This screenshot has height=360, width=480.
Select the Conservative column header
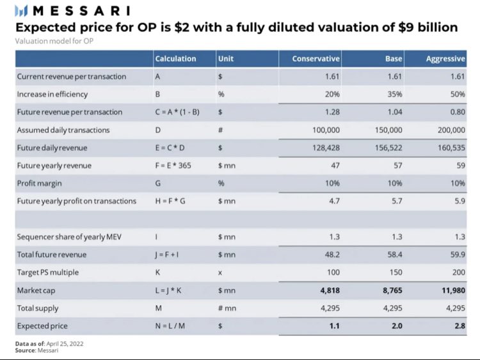(x=316, y=59)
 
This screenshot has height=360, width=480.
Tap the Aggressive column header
(x=445, y=59)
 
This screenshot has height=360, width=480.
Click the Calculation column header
(x=175, y=59)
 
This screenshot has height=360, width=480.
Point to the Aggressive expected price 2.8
(x=458, y=325)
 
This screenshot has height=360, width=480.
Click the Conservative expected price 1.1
(x=333, y=325)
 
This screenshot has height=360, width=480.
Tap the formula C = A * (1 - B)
(x=182, y=112)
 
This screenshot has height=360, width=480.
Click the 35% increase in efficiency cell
(x=394, y=94)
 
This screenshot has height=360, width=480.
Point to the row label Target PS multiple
(x=48, y=272)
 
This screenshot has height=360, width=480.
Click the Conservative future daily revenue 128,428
(x=324, y=148)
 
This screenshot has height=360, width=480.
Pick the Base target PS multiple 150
(x=396, y=272)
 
